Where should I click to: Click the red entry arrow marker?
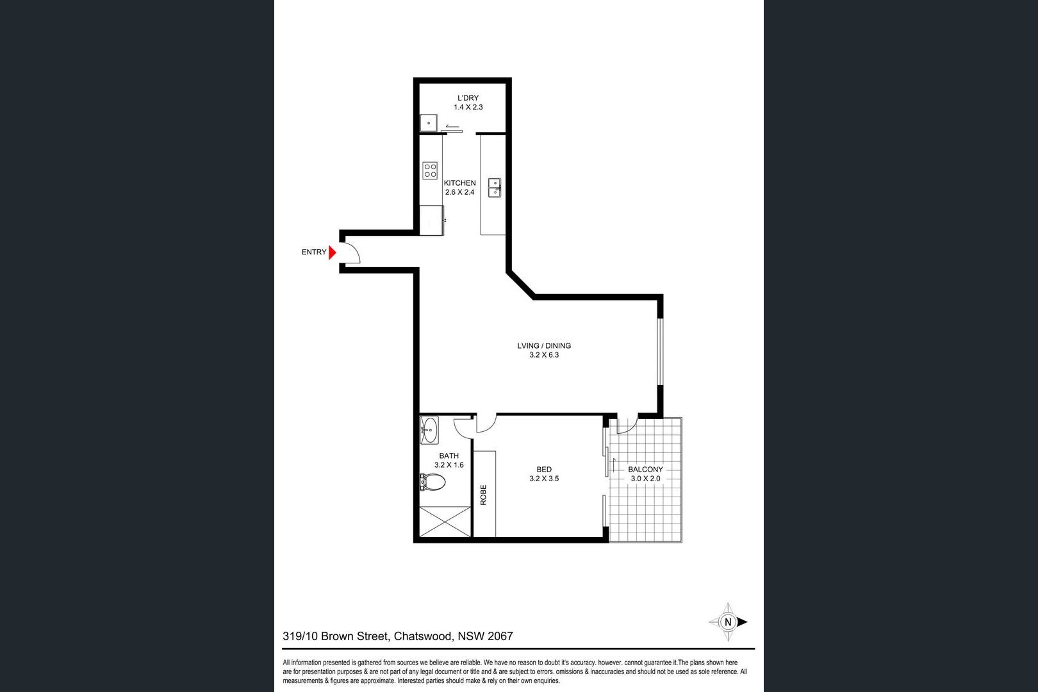point(332,252)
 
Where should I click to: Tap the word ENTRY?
point(314,252)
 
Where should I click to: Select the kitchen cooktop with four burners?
point(430,170)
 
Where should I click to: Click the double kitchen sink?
point(495,188)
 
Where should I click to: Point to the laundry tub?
point(429,123)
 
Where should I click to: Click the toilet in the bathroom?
point(432,482)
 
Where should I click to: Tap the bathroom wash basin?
point(429,430)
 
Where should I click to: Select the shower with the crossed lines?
point(445,522)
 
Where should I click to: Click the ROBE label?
point(483,495)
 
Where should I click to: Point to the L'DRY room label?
point(468,98)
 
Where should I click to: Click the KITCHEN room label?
point(459,183)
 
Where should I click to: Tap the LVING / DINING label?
point(544,346)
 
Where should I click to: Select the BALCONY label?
point(645,470)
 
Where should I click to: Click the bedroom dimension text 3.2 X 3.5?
point(544,479)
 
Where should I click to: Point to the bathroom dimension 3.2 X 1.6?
point(449,465)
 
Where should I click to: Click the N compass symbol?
point(728,622)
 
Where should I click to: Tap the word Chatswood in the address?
point(423,636)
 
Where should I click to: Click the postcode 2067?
point(500,636)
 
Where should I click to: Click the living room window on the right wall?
point(661,351)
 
